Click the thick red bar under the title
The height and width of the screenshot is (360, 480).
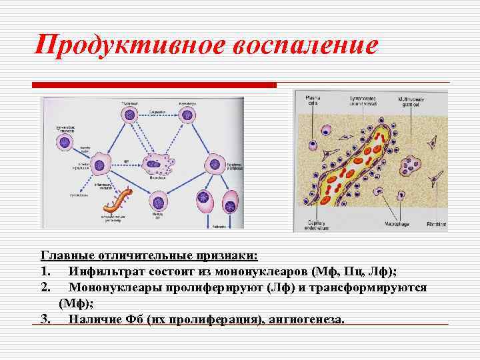click(154, 85)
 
